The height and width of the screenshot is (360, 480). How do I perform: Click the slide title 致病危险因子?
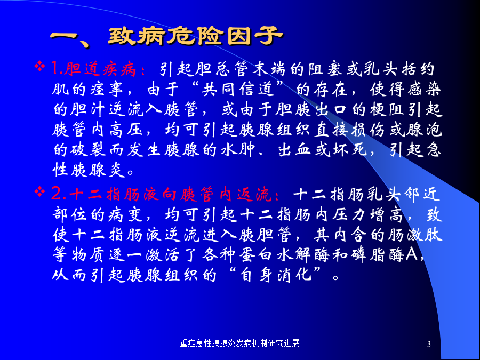tap(195, 37)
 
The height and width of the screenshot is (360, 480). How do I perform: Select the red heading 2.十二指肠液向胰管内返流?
tap(165, 194)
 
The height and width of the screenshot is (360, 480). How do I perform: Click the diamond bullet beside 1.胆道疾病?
tap(39, 66)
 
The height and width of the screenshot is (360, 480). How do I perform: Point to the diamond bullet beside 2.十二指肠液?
tap(39, 192)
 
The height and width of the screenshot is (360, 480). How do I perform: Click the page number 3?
tap(429, 344)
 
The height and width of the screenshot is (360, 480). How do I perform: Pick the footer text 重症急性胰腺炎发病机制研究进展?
tap(239, 343)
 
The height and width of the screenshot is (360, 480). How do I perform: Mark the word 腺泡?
tap(424, 130)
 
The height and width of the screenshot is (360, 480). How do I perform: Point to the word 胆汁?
tap(88, 109)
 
